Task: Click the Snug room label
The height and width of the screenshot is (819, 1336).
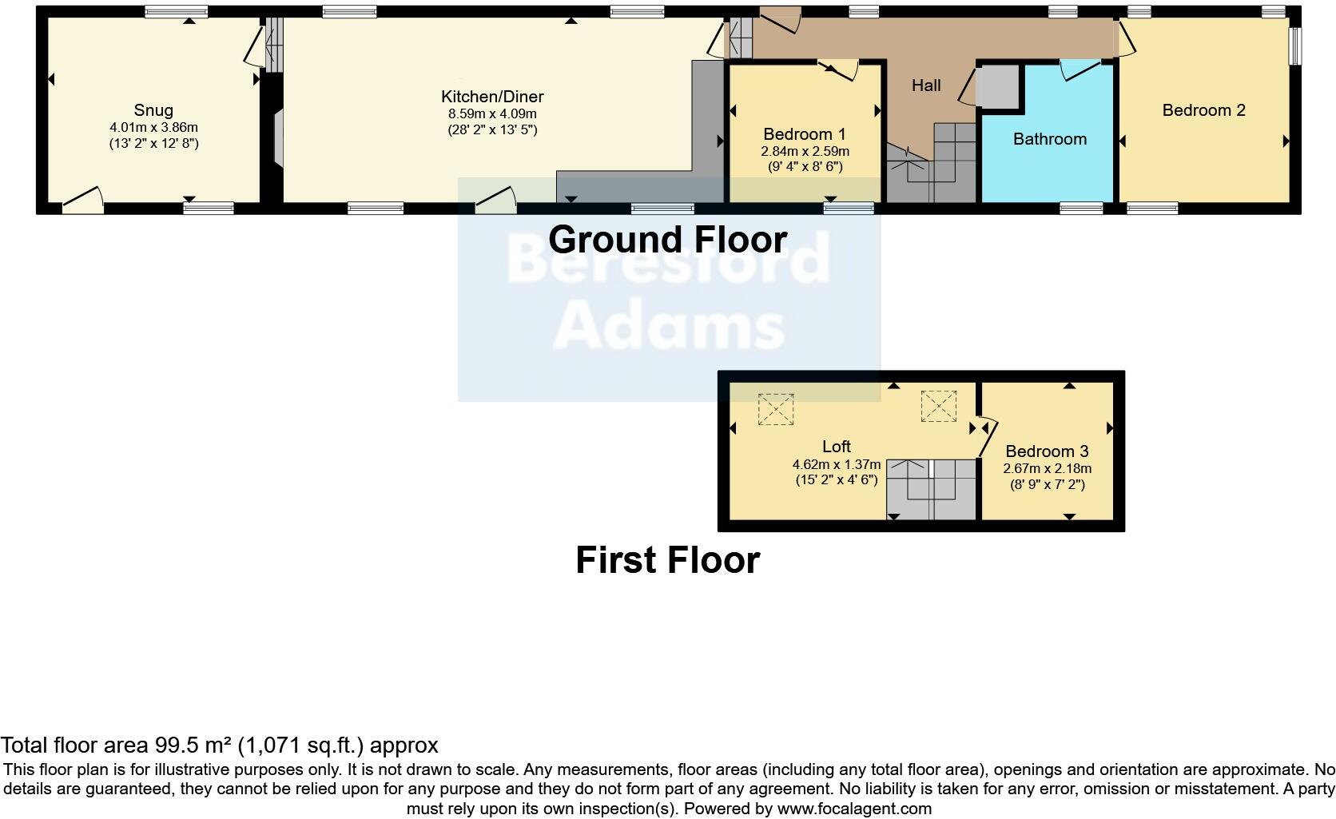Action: point(153,110)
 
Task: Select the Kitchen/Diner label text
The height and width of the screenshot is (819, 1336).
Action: point(492,97)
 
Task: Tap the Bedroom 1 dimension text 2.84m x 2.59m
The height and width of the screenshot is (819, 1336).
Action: point(805,151)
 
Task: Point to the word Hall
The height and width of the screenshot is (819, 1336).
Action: point(926,85)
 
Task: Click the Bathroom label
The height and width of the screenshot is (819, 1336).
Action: point(1049,139)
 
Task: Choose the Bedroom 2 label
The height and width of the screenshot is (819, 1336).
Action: point(1203,110)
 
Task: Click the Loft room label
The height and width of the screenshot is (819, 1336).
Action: point(836,447)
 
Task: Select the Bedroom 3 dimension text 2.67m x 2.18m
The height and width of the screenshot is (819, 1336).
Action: point(1047,469)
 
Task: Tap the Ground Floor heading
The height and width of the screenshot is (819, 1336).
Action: point(667,239)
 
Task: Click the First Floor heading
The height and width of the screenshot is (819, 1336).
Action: point(667,560)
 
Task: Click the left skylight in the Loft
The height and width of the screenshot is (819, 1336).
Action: point(775,408)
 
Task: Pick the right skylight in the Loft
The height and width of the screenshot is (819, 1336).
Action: point(938,406)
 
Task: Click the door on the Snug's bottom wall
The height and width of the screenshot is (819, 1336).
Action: point(84,200)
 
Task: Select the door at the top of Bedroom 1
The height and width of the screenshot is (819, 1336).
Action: point(839,70)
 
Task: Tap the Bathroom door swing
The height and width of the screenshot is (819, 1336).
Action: point(1079,70)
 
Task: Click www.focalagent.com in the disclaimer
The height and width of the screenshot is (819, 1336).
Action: point(854,809)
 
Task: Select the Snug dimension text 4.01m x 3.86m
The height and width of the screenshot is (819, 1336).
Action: point(153,127)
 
